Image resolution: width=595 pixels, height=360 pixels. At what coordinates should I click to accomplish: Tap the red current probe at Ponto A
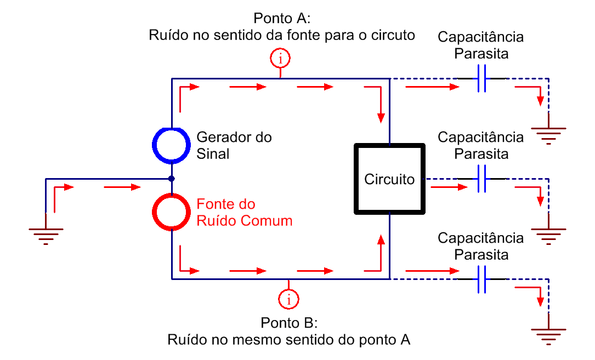(280, 49)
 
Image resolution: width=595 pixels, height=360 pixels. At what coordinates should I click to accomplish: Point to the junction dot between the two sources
(172, 179)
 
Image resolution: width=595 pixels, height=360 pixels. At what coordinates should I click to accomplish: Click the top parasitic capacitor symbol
(482, 78)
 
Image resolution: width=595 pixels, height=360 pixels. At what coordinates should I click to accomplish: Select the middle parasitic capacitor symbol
(482, 179)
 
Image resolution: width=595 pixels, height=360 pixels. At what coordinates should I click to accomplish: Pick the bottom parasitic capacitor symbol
(482, 279)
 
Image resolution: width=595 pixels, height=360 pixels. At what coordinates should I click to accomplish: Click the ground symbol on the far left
(46, 230)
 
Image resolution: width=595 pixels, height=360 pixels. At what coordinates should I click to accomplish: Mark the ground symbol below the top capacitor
(549, 129)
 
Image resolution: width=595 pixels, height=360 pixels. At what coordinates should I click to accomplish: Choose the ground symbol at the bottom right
(549, 330)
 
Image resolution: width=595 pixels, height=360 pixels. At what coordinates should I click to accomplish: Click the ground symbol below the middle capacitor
(549, 230)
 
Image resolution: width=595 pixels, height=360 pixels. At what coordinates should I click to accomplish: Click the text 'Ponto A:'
(282, 18)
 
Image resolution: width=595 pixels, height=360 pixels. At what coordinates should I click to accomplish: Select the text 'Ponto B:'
(289, 323)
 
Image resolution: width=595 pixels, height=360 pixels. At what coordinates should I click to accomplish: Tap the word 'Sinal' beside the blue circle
(213, 154)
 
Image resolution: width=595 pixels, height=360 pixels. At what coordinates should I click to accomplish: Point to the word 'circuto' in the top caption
(393, 35)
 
